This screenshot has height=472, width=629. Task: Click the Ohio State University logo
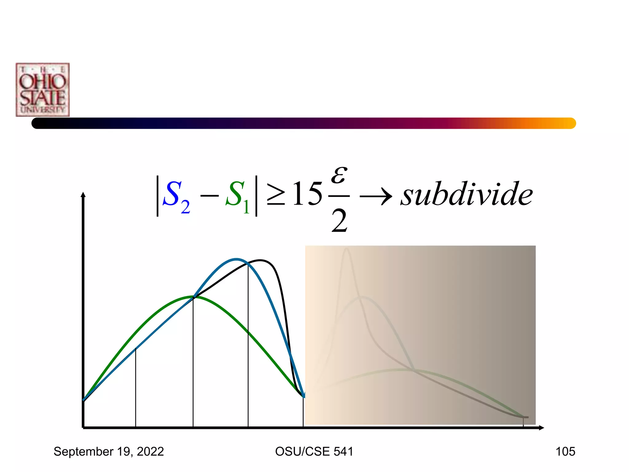(x=43, y=90)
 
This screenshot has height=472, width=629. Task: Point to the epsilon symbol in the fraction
(x=339, y=175)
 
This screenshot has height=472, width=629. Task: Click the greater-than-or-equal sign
(x=275, y=194)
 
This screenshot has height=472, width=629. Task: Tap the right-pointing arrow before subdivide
(x=375, y=196)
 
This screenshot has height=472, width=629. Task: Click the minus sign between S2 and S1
(x=209, y=195)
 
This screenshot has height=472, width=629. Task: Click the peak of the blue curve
(x=236, y=259)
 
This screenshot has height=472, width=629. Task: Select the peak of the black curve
(x=260, y=261)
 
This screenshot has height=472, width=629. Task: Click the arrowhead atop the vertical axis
(x=83, y=195)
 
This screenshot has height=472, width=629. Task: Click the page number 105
(x=565, y=451)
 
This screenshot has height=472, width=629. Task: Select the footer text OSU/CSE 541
(x=314, y=451)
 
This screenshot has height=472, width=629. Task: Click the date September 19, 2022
(x=109, y=451)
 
